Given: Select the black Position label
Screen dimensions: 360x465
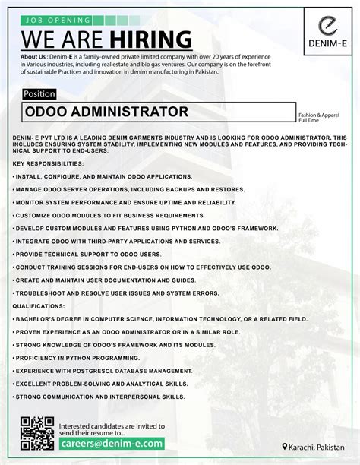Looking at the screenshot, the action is coord(39,93).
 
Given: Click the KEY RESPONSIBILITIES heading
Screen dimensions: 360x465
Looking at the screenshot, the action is coord(48,164).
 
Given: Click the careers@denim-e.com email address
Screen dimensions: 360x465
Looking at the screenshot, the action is coord(112,443).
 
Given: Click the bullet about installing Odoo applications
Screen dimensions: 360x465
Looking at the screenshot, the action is coord(102,176).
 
